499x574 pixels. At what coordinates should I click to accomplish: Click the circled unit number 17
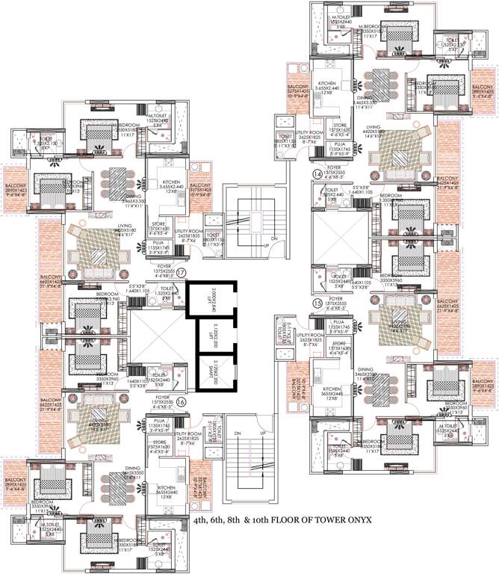[x=181, y=274]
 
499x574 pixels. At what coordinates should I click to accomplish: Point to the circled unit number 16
[x=181, y=401]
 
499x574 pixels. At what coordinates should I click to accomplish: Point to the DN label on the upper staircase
[x=273, y=239]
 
